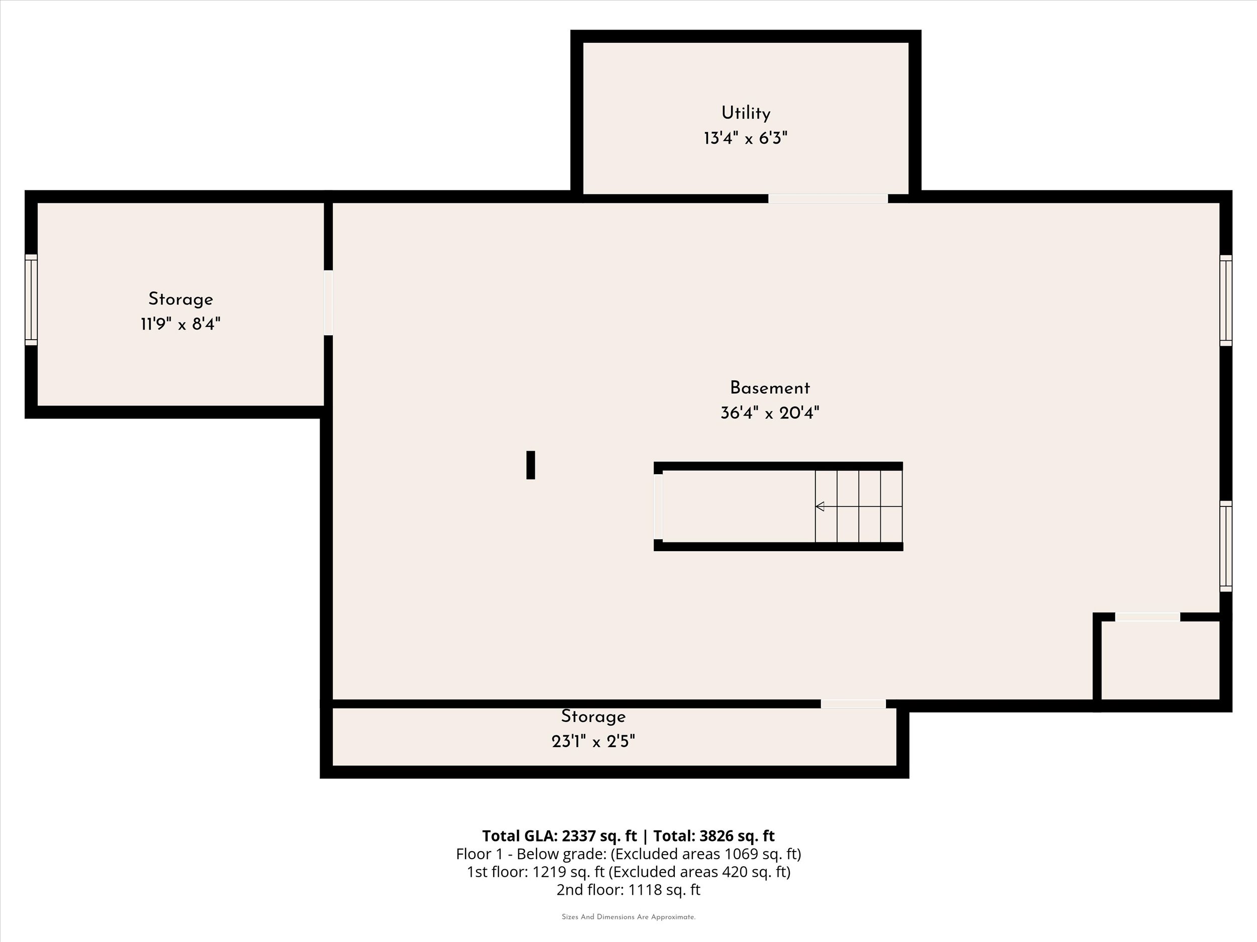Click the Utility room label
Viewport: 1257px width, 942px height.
tap(746, 114)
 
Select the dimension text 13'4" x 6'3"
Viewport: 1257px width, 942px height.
tap(746, 139)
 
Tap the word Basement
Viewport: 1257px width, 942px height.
tap(769, 388)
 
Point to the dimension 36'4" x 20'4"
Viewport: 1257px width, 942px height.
tap(769, 413)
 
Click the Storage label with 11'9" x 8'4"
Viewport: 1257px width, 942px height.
tap(181, 299)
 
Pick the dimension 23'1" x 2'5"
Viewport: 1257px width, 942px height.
tap(593, 742)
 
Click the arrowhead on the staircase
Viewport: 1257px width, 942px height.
tap(820, 506)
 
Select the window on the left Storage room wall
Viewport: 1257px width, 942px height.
tap(31, 300)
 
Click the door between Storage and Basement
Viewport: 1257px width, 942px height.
tap(328, 302)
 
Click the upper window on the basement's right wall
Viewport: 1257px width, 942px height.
tap(1226, 300)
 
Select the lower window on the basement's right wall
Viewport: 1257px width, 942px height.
tap(1226, 546)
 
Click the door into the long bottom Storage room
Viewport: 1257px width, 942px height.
tap(853, 704)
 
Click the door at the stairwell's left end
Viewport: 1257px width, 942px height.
tap(659, 506)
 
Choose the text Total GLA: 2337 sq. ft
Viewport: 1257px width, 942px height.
tap(559, 836)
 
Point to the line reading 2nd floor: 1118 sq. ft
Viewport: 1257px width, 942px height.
tap(628, 889)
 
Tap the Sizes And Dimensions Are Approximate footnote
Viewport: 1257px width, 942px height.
tap(628, 917)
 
